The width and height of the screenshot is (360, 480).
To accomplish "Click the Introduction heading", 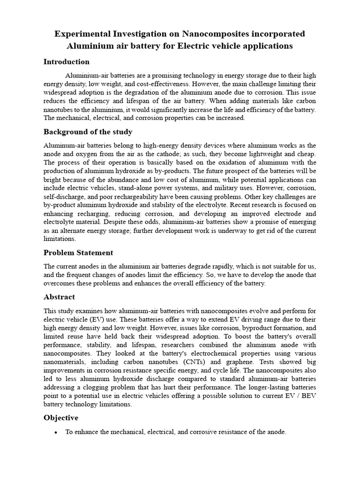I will tap(66, 61).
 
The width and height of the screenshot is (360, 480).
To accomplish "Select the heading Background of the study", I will tap(88, 132).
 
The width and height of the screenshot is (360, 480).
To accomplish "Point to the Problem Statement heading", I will tap(78, 253).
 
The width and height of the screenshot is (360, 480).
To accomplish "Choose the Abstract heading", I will tap(59, 297).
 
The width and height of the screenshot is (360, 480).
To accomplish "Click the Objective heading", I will tap(61, 418).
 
